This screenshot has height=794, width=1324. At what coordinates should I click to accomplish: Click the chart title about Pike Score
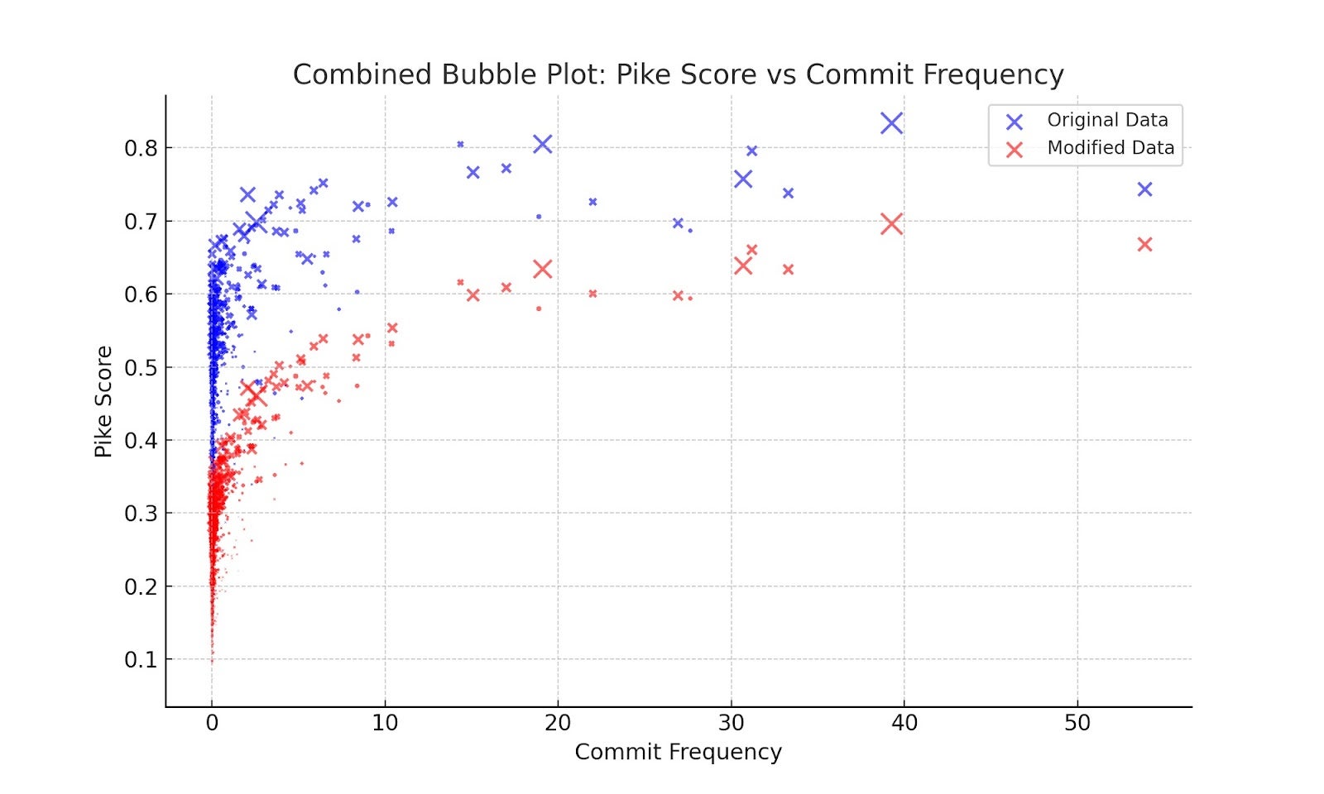click(x=678, y=74)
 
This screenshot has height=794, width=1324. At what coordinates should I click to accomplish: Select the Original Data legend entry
click(x=1106, y=120)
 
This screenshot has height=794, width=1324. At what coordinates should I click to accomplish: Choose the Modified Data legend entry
click(x=1110, y=148)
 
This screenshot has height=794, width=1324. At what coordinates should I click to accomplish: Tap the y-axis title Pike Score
click(x=103, y=401)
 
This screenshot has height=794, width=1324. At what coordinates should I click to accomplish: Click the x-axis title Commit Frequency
click(x=678, y=752)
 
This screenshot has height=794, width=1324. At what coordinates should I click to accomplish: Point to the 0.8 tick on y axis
click(x=141, y=149)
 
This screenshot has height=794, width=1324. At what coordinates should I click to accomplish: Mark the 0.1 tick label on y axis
click(x=141, y=660)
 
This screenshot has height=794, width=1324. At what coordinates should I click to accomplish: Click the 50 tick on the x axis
click(x=1077, y=723)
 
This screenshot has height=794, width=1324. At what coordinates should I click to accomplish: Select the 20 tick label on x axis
click(x=558, y=723)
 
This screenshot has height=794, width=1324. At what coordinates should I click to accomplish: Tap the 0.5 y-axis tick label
click(x=141, y=368)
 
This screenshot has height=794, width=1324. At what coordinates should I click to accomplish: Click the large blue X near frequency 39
click(x=891, y=123)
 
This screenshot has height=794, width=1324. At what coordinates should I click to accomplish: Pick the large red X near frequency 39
click(x=891, y=224)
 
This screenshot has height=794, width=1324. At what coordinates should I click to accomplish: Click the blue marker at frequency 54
click(x=1144, y=189)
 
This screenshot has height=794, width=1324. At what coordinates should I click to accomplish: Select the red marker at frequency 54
click(x=1144, y=245)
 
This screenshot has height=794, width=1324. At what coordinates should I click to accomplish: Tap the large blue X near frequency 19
click(x=542, y=144)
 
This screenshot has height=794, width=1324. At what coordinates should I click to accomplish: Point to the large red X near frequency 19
click(x=542, y=269)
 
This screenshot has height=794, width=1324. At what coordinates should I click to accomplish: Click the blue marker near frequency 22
click(x=592, y=202)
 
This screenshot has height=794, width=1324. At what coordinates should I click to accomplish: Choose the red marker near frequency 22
click(x=592, y=294)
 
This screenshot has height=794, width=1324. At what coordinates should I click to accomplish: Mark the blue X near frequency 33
click(x=788, y=193)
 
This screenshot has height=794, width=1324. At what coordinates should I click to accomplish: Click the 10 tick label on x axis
click(x=385, y=723)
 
